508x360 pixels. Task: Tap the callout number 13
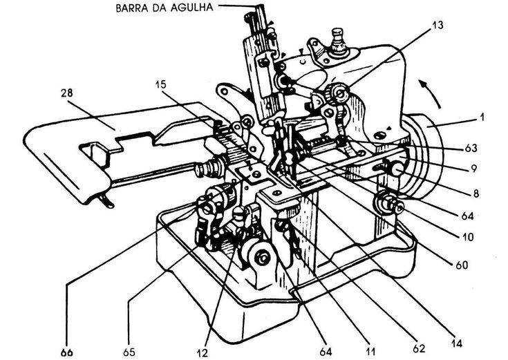click(x=438, y=25)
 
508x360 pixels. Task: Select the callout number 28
click(x=67, y=93)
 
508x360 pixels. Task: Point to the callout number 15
click(x=160, y=84)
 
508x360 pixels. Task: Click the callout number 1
click(x=482, y=117)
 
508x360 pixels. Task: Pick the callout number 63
click(x=471, y=148)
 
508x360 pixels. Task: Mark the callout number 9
click(x=473, y=169)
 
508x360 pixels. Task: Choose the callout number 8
click(x=476, y=193)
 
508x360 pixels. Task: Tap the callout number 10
click(x=467, y=237)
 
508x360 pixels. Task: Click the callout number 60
click(x=462, y=265)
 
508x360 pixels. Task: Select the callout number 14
click(x=456, y=343)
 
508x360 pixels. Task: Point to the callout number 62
click(x=418, y=348)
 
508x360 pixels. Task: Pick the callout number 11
click(x=370, y=351)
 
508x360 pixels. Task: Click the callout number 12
click(x=202, y=352)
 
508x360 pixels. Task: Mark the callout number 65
click(x=129, y=352)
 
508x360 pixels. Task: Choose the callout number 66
click(x=67, y=352)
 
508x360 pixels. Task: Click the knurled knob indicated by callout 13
click(x=337, y=93)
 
